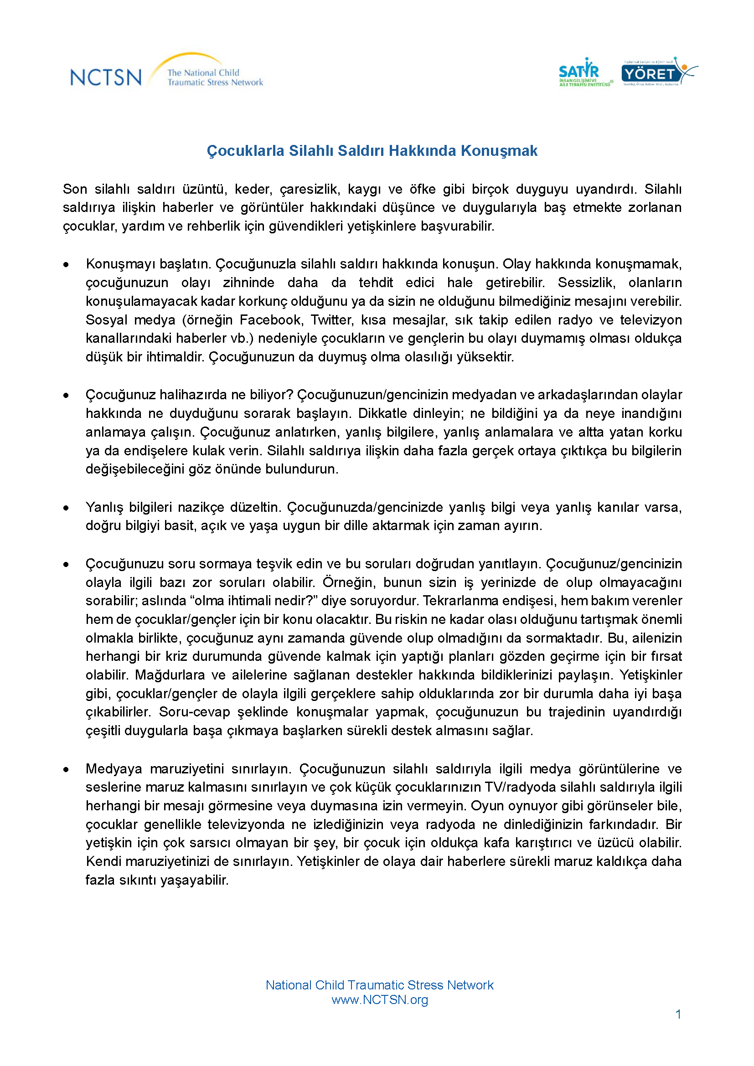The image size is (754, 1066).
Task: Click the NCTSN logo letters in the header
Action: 106,77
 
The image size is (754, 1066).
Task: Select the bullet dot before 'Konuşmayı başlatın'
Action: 67,265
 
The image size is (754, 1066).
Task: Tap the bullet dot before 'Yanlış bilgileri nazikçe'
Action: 67,508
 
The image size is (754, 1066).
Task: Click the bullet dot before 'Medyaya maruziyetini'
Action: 67,770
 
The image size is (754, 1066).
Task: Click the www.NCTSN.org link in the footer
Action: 379,999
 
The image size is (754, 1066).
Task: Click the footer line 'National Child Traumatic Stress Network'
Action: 379,985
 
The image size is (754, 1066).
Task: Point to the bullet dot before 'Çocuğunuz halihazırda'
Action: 67,396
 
